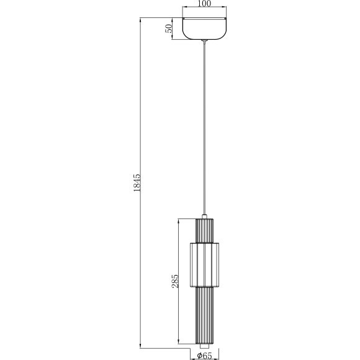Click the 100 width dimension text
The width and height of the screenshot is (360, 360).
coord(204,4)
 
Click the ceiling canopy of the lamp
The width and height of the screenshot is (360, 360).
coord(204,29)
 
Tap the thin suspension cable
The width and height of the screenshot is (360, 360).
coord(204,124)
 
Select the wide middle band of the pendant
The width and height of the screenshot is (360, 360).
coord(204,264)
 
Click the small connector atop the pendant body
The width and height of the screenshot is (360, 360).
coord(204,214)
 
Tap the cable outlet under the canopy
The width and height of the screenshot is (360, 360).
coord(204,42)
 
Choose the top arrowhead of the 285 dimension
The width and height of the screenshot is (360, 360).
coord(179,219)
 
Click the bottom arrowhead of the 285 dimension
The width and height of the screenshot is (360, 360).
coord(179,344)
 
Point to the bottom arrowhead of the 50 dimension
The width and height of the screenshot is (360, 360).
coord(174,38)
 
